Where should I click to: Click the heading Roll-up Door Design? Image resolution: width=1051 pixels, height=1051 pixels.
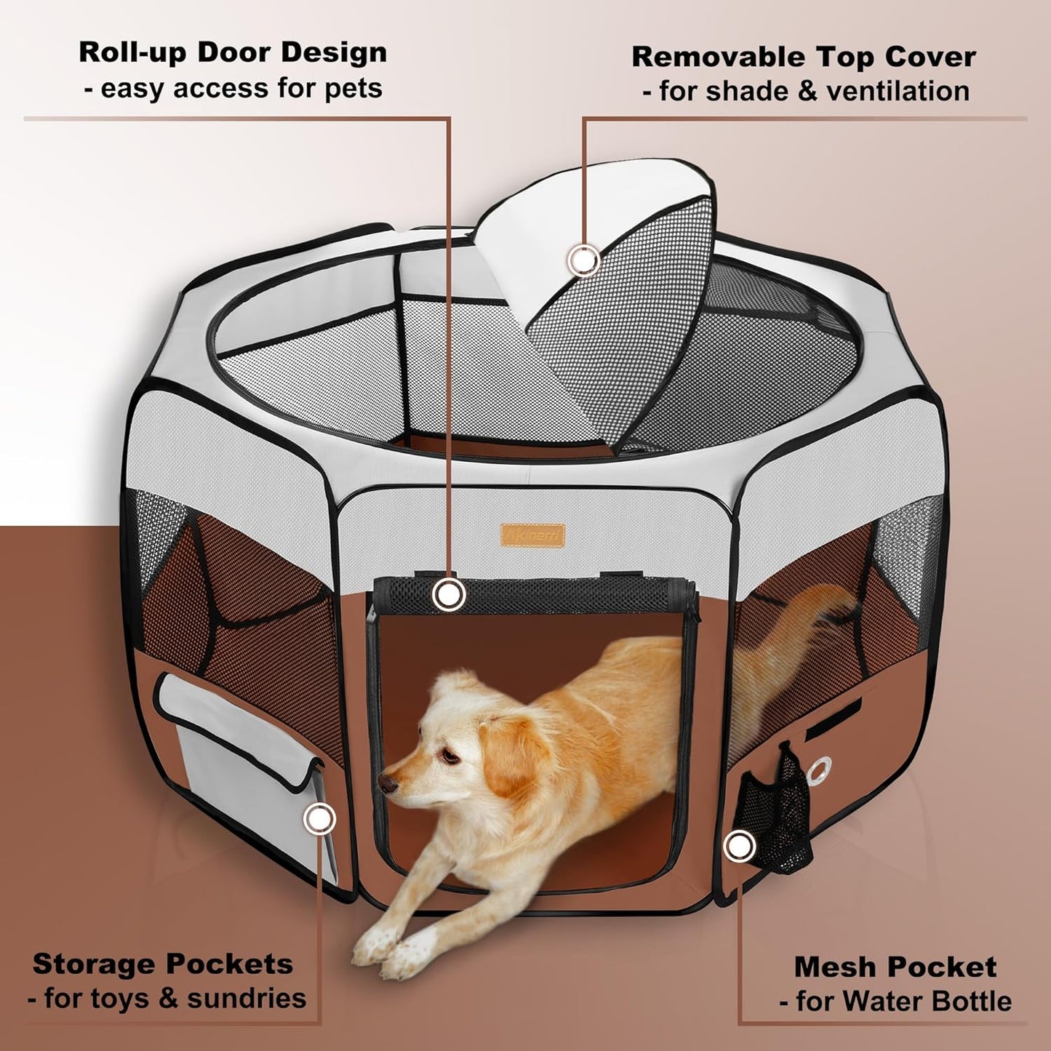click(233, 53)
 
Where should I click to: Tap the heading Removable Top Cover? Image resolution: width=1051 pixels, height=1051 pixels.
click(803, 57)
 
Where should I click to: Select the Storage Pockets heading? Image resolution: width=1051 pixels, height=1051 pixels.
click(163, 964)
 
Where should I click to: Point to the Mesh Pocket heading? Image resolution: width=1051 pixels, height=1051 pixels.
click(895, 967)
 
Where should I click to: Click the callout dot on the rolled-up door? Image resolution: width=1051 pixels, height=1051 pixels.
click(449, 594)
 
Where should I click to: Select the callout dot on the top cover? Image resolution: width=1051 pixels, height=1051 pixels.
click(583, 260)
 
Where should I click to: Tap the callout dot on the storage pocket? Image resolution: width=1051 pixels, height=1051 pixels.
click(318, 820)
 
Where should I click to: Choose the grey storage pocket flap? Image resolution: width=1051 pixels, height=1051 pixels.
click(240, 727)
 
